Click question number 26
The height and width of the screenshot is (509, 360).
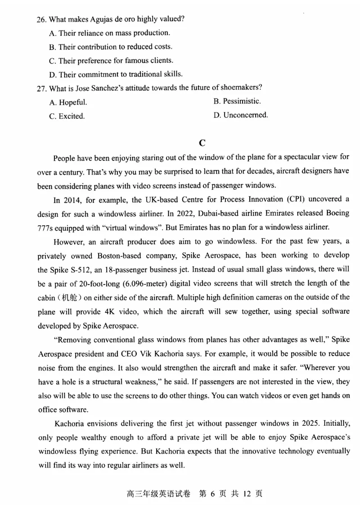pyautogui.click(x=41, y=19)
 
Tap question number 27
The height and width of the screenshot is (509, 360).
pyautogui.click(x=41, y=88)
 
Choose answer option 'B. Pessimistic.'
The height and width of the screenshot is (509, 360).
pyautogui.click(x=237, y=101)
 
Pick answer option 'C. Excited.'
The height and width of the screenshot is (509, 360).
pyautogui.click(x=67, y=116)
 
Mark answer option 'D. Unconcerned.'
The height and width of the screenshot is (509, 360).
pyautogui.click(x=241, y=115)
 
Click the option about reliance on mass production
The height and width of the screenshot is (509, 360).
pyautogui.click(x=109, y=33)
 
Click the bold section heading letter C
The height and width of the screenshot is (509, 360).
pyautogui.click(x=202, y=143)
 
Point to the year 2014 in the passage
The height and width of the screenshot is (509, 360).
pyautogui.click(x=70, y=199)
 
